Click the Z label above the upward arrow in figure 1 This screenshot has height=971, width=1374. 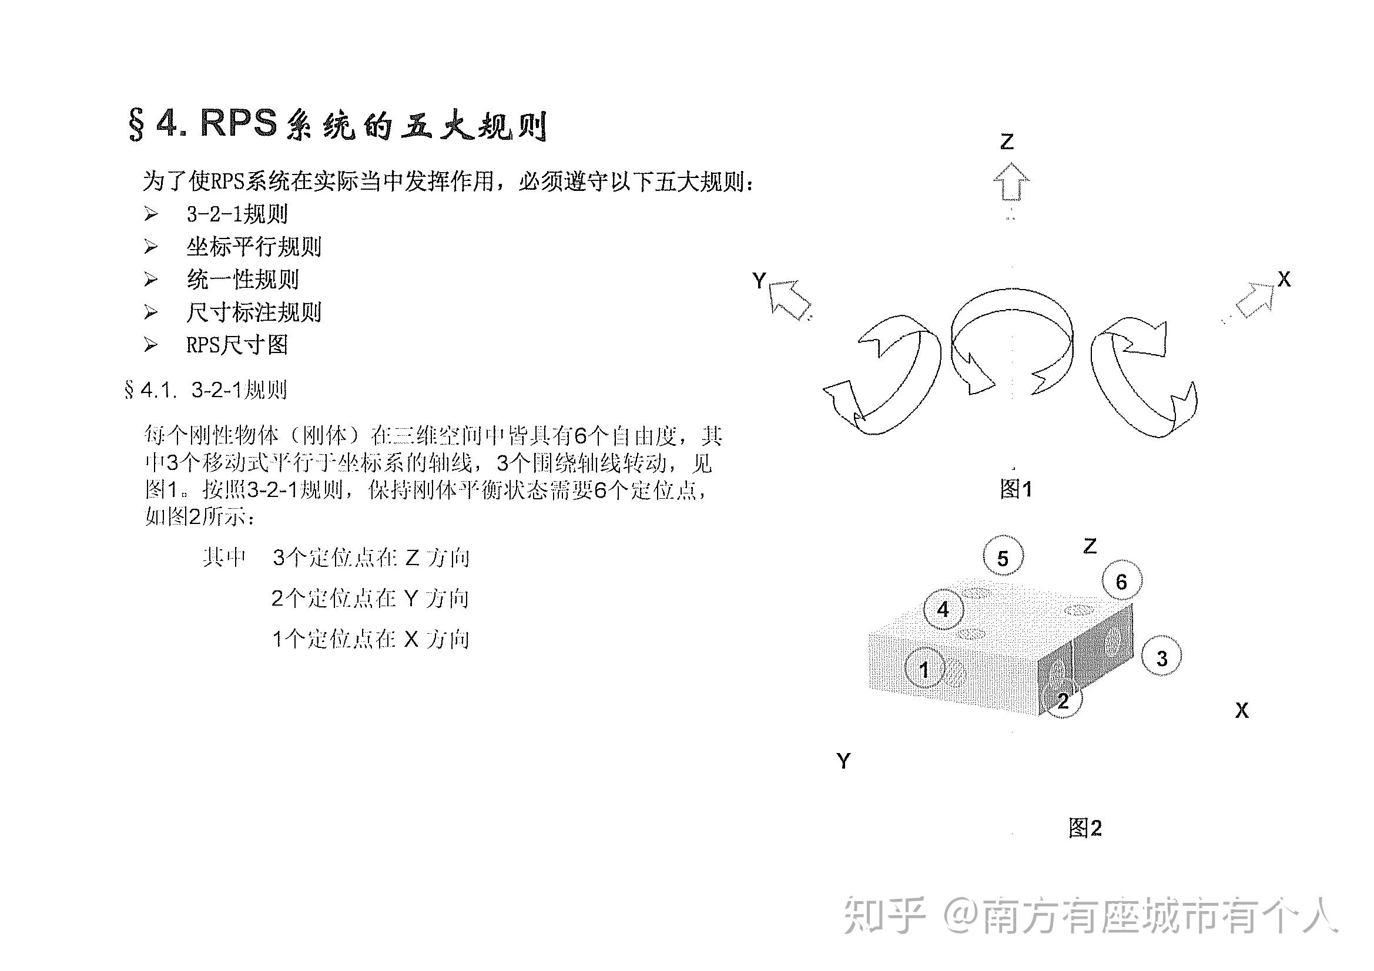coord(1007,142)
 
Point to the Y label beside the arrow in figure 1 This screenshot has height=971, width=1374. coord(759,280)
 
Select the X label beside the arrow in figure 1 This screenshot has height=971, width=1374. coord(1284,280)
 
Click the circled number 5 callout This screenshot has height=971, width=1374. coord(1003,557)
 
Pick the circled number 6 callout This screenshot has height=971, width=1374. coord(1121,582)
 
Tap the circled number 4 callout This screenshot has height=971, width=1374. coord(943,610)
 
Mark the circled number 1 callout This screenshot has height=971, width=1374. coord(924,670)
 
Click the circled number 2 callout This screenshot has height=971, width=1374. coord(1063,701)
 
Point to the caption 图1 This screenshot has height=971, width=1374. coord(1016,489)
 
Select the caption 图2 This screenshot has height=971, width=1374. coord(1085,828)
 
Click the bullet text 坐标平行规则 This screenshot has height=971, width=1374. coord(254,247)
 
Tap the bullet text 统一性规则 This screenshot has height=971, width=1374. coord(242,280)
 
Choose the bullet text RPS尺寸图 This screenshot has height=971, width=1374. coord(237,345)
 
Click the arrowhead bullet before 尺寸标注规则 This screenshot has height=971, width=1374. coord(151,312)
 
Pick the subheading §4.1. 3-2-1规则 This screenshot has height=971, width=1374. coord(206,390)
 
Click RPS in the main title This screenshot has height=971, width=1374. coord(239,124)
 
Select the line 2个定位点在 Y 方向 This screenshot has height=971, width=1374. coord(370,598)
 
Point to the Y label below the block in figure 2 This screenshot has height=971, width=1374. coord(843,761)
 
